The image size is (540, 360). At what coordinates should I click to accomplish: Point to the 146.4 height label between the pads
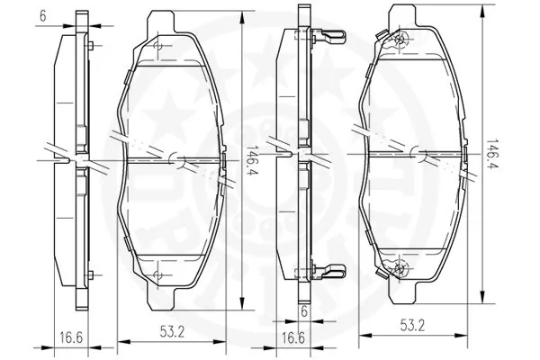(x=256, y=160)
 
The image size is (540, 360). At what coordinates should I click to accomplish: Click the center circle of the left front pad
(x=179, y=160)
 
